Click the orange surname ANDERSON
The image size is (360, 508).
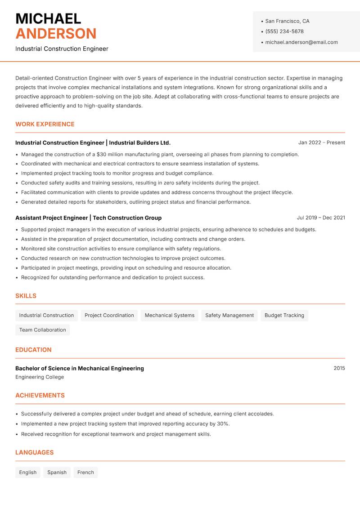click(x=56, y=34)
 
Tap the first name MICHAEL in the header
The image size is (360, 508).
click(x=48, y=18)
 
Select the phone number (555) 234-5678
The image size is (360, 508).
click(x=284, y=31)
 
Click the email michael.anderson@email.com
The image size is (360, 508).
click(x=301, y=42)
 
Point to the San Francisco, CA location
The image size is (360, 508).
click(x=287, y=21)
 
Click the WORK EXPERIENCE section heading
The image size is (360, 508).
click(x=45, y=124)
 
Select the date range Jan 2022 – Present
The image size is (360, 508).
click(x=321, y=143)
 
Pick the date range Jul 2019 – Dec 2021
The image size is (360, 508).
click(x=320, y=218)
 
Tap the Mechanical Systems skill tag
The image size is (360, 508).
click(x=170, y=315)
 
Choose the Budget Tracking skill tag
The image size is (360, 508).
click(x=284, y=315)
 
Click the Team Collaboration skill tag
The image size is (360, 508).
click(x=43, y=330)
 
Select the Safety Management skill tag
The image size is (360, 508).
click(x=229, y=315)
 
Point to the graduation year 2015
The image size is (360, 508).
click(x=339, y=368)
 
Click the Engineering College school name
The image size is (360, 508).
click(x=40, y=377)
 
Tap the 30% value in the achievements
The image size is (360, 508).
click(x=223, y=423)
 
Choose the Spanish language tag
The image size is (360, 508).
click(x=57, y=472)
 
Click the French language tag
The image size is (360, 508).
click(x=85, y=472)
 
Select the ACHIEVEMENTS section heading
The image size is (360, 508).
click(x=40, y=395)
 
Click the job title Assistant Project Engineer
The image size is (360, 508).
click(x=51, y=218)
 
